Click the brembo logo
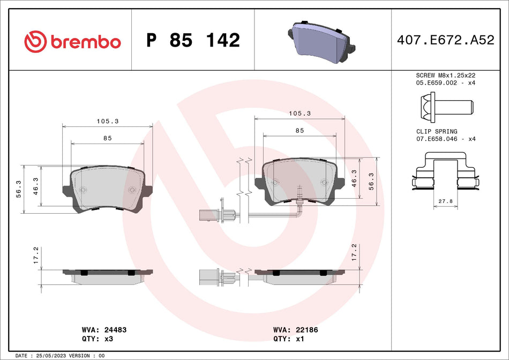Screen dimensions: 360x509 click(73, 41)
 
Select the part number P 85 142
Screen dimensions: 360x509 click(193, 41)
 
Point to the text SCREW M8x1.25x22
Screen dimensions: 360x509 click(445, 76)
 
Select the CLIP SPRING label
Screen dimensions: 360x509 click(437, 131)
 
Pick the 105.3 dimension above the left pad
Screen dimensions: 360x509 click(107, 121)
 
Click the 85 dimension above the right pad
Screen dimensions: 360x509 click(300, 131)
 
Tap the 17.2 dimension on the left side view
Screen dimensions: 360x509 click(36, 255)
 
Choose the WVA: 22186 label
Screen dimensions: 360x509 click(295, 331)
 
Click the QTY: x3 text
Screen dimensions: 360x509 click(96, 339)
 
